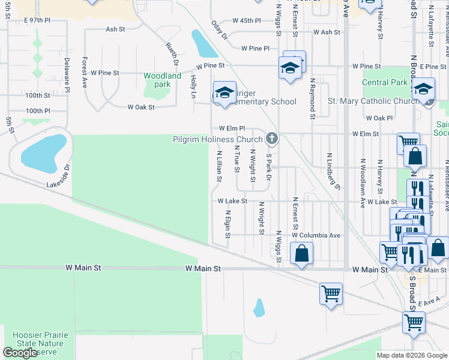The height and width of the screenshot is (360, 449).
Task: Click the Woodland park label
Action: pos(162,80)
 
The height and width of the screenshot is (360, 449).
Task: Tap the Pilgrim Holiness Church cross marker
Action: pos(271,139)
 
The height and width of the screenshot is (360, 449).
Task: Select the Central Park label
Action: pos(385,82)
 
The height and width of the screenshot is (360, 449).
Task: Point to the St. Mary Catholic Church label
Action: pos(373,101)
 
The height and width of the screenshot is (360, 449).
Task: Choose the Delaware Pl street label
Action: pos(67,74)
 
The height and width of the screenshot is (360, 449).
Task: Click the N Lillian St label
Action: pos(219,166)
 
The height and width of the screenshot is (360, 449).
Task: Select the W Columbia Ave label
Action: pos(316,235)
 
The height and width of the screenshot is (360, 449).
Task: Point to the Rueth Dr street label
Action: pos(172,53)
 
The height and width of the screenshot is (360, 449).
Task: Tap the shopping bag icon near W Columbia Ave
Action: pos(301,253)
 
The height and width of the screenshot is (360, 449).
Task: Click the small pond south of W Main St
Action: pos(259,308)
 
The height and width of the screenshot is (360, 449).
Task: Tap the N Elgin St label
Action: pos(228,224)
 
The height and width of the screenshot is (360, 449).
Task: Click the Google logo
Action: pos(20,353)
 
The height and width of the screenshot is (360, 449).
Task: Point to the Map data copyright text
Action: pos(412,355)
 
